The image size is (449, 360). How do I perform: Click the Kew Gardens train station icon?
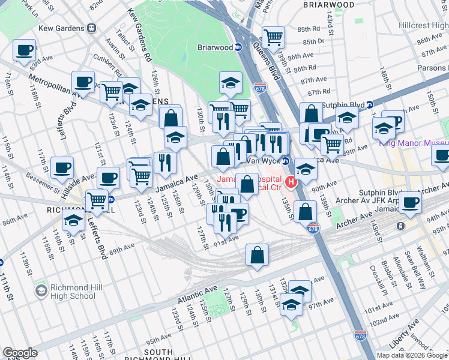click(x=92, y=27)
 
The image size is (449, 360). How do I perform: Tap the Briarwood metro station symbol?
click(x=238, y=47)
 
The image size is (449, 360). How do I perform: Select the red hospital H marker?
click(x=291, y=182)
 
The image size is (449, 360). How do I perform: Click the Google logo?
click(x=20, y=352)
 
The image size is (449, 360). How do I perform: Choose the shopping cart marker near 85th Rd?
click(x=273, y=37)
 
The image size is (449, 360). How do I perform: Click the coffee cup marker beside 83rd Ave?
click(x=24, y=50)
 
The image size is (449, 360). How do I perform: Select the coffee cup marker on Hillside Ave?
click(x=109, y=178)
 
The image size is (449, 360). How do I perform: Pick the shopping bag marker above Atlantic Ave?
click(x=257, y=256)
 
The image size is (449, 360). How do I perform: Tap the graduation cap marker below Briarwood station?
click(x=231, y=83)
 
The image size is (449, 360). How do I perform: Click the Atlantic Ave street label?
click(x=197, y=296)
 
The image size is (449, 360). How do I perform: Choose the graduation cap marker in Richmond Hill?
click(x=74, y=221)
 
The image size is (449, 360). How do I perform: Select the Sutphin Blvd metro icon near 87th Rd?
click(x=370, y=104)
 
